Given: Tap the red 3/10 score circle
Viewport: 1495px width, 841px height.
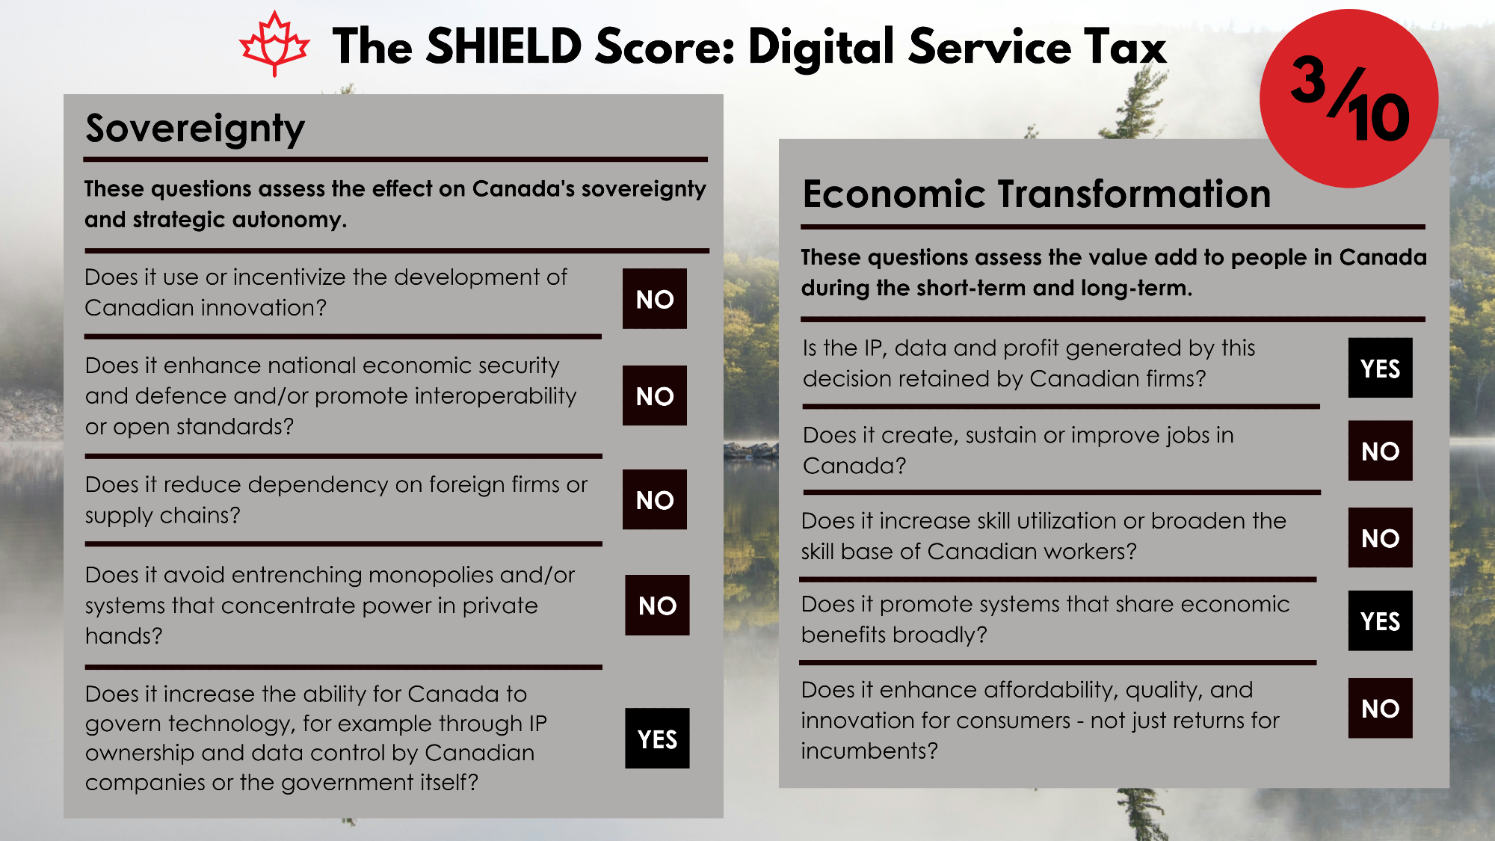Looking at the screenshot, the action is [x=1348, y=98].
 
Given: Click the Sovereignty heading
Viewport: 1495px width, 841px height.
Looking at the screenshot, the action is [x=195, y=129].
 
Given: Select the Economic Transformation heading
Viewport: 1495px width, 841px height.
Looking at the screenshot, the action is [x=1036, y=194].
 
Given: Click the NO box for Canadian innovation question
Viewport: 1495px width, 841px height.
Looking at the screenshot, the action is [x=655, y=298].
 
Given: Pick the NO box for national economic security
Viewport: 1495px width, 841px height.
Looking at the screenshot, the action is [x=655, y=395].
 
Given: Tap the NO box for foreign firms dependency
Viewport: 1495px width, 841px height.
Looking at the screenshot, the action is [x=655, y=499].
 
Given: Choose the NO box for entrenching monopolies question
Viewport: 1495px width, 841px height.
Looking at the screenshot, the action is [x=657, y=605].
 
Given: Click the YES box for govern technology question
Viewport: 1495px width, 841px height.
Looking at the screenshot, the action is [x=657, y=739].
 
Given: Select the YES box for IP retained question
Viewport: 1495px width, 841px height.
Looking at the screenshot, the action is [x=1381, y=368].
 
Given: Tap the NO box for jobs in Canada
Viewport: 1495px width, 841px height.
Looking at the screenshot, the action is [x=1381, y=451].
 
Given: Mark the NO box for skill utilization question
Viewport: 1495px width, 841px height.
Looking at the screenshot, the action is [x=1381, y=537].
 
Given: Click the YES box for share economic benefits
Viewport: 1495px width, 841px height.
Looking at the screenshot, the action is [x=1381, y=620].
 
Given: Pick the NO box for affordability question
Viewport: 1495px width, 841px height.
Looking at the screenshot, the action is [x=1381, y=708].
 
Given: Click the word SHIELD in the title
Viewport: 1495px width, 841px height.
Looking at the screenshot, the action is [x=504, y=46].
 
